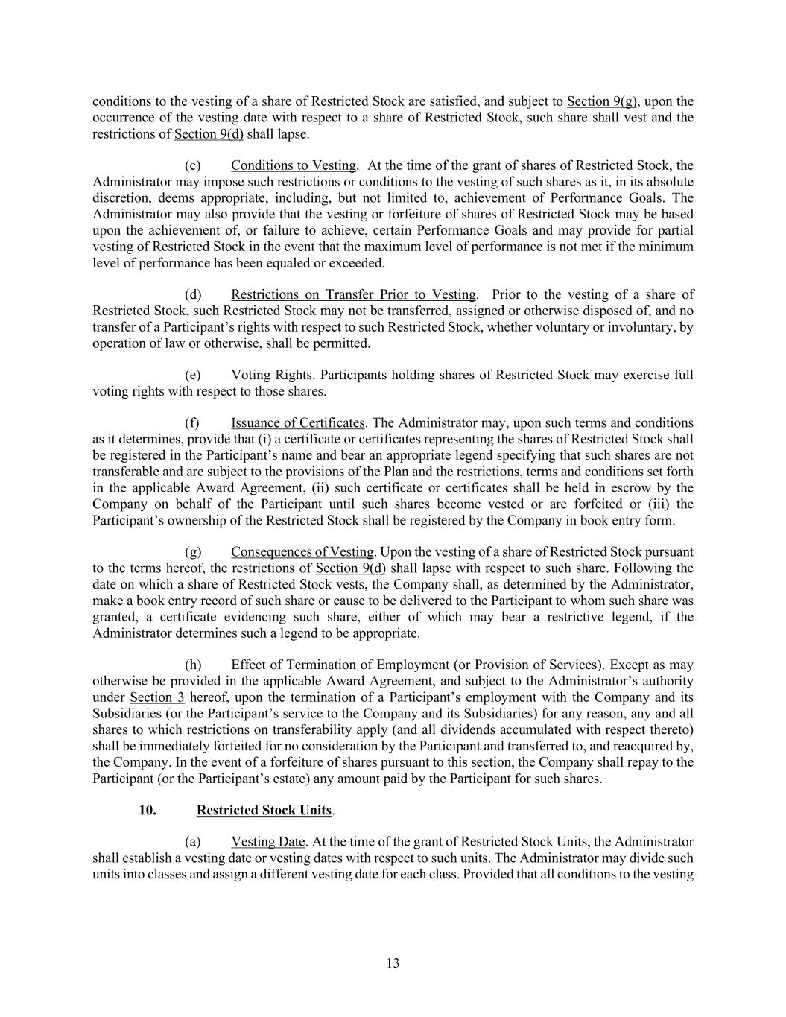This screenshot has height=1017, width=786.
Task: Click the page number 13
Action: click(393, 963)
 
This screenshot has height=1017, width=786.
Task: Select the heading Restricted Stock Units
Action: click(264, 810)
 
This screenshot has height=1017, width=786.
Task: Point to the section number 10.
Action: click(148, 810)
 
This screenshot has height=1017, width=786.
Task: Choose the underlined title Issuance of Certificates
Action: click(297, 423)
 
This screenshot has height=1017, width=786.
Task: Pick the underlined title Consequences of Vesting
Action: click(302, 552)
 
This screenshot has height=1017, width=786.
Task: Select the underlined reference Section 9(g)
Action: click(602, 101)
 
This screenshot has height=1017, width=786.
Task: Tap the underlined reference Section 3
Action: click(156, 697)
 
